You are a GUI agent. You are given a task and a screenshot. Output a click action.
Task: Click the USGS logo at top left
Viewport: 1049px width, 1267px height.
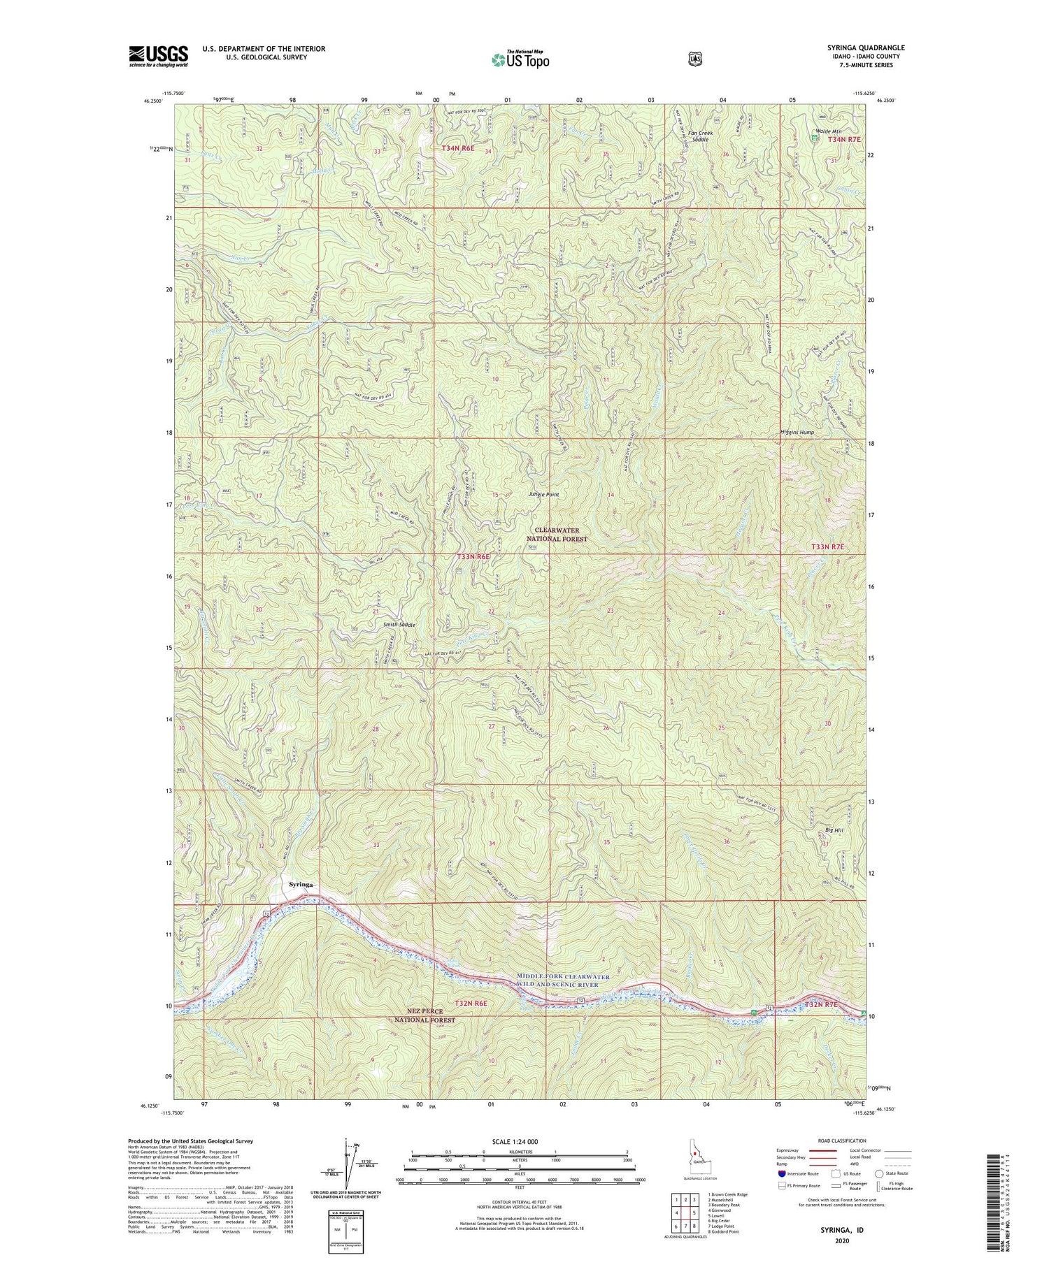159,56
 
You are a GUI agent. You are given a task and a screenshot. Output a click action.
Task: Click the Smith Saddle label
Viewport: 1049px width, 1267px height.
399,625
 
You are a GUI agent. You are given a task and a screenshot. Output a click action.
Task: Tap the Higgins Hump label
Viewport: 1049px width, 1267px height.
797,433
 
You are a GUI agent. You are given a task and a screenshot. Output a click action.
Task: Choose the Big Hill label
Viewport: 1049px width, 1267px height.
834,830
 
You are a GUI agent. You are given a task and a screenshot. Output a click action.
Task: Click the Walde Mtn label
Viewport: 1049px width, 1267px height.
828,131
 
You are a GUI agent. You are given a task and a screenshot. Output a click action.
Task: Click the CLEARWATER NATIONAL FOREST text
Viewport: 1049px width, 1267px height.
557,535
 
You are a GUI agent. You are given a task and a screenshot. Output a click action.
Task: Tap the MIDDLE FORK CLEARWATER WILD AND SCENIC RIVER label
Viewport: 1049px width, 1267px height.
563,980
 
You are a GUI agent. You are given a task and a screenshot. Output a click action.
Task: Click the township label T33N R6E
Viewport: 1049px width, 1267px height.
474,556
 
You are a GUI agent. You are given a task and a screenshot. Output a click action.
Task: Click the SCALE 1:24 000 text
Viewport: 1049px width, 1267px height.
519,1141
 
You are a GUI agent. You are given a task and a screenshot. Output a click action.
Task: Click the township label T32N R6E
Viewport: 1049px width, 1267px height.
472,1003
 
